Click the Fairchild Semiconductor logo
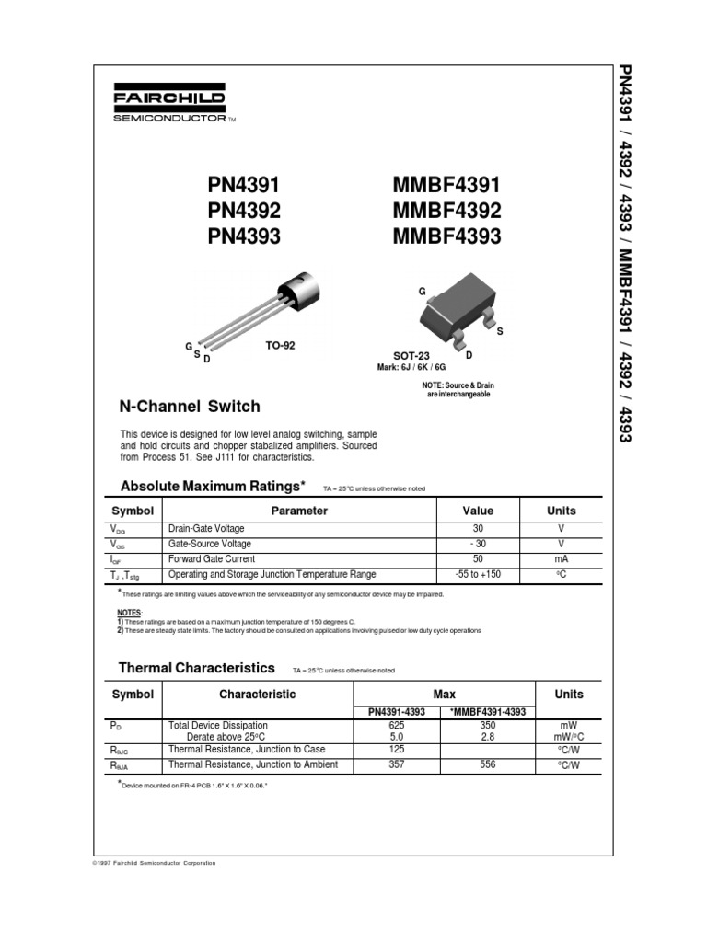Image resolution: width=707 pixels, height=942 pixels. click(x=169, y=105)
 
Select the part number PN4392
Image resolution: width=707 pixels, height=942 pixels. click(x=244, y=210)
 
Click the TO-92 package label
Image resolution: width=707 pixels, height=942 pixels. click(x=280, y=346)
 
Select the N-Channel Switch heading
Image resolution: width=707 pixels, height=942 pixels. click(x=191, y=407)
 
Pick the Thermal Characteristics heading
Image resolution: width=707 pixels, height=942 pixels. click(x=197, y=668)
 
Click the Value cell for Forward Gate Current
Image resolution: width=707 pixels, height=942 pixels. click(x=478, y=558)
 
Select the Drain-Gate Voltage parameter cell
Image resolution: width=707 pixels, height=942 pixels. click(x=207, y=529)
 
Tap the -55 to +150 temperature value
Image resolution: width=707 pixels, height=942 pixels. click(x=478, y=574)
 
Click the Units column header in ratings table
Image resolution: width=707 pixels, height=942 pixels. click(x=561, y=511)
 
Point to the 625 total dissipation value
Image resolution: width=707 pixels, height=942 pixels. click(x=397, y=726)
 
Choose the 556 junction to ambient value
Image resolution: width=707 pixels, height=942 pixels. click(x=488, y=764)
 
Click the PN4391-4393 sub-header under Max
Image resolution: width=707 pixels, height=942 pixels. click(x=396, y=711)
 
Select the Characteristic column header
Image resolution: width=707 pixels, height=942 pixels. click(x=257, y=695)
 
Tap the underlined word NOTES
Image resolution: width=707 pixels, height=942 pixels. click(x=130, y=612)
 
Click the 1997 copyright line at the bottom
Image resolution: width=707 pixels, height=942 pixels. click(x=156, y=863)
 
